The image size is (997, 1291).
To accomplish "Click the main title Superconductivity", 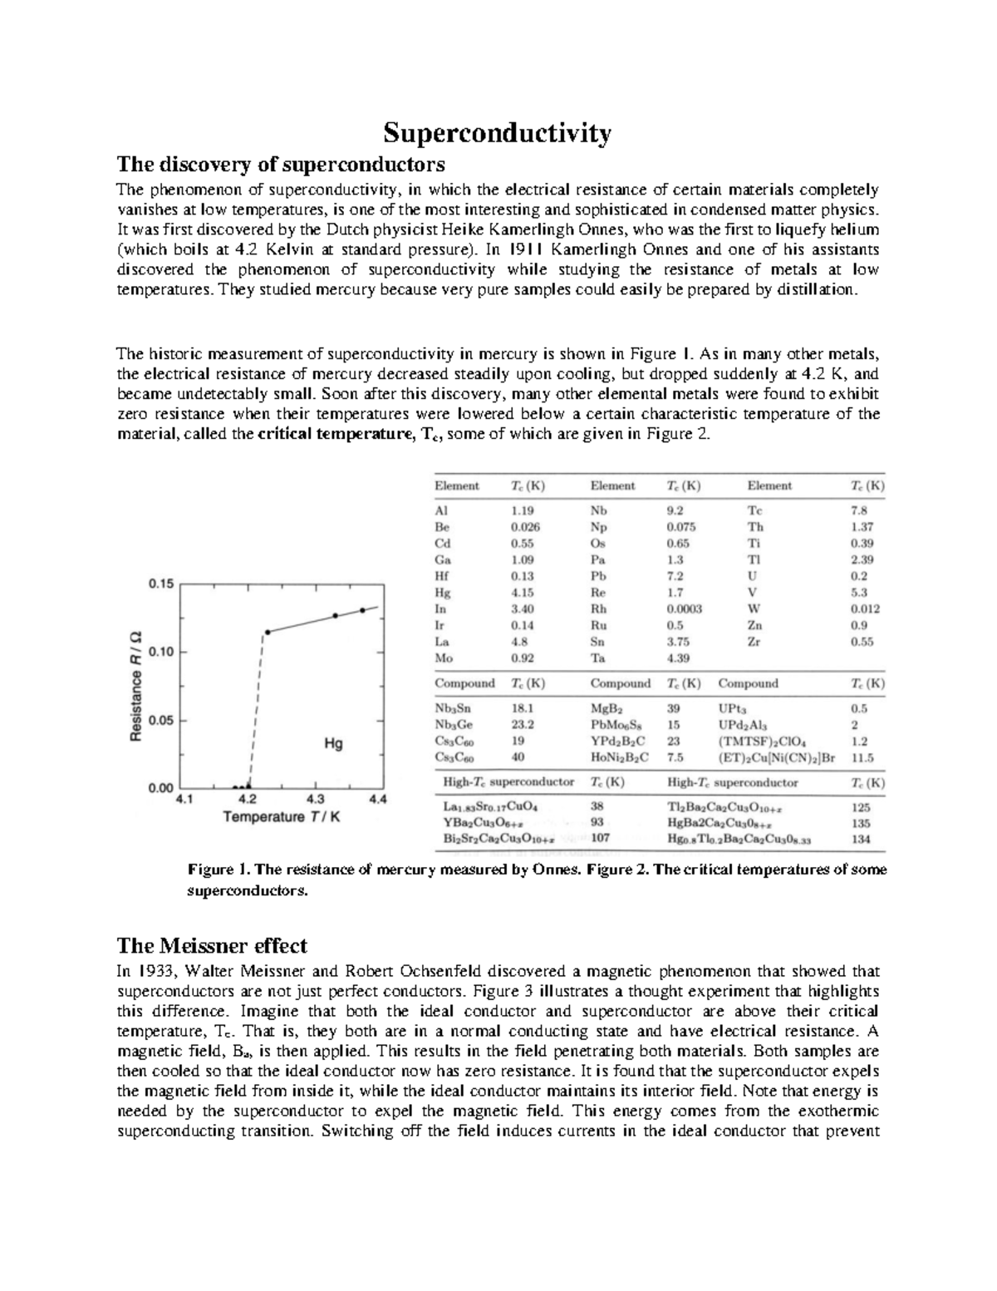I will point(497,133).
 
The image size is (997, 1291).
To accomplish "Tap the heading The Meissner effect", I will point(212,945).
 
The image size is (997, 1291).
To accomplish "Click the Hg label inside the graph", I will point(333,744).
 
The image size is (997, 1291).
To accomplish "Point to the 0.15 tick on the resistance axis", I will point(160,584).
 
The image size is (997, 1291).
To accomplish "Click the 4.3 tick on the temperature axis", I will point(315,800).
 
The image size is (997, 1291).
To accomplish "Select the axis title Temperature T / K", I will point(282,817).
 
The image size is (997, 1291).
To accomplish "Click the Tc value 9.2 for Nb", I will point(675,511).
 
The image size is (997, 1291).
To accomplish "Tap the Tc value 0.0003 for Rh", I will point(685,609).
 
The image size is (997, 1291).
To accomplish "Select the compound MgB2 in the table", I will point(606,708).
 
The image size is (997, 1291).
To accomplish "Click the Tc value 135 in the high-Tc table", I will point(861,823).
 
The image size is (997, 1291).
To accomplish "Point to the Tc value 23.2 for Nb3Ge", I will point(523,725).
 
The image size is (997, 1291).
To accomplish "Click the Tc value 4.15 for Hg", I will point(523,593).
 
